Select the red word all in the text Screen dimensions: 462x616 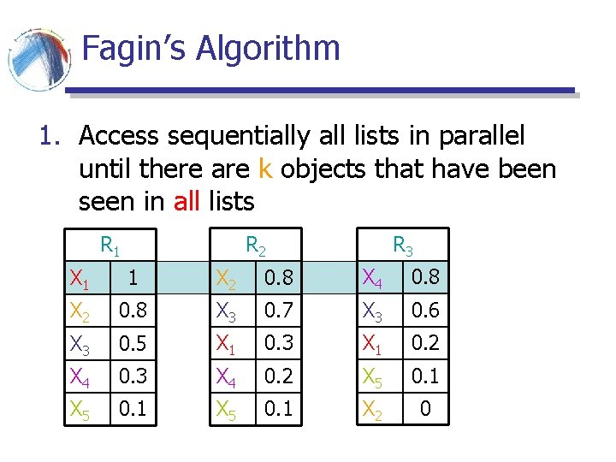click(187, 202)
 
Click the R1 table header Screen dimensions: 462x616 click(110, 246)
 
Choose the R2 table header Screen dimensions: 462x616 click(256, 246)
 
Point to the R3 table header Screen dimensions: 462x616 click(403, 246)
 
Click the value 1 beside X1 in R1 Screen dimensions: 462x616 click(132, 278)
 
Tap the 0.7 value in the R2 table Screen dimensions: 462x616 click(278, 311)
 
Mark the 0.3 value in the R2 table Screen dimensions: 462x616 click(278, 343)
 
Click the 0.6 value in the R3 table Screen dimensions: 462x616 click(425, 311)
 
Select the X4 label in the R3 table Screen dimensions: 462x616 click(373, 278)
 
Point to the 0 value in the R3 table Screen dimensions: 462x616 click(425, 408)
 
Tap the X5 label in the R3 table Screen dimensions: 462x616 click(373, 376)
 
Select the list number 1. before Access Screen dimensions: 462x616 click(50, 136)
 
